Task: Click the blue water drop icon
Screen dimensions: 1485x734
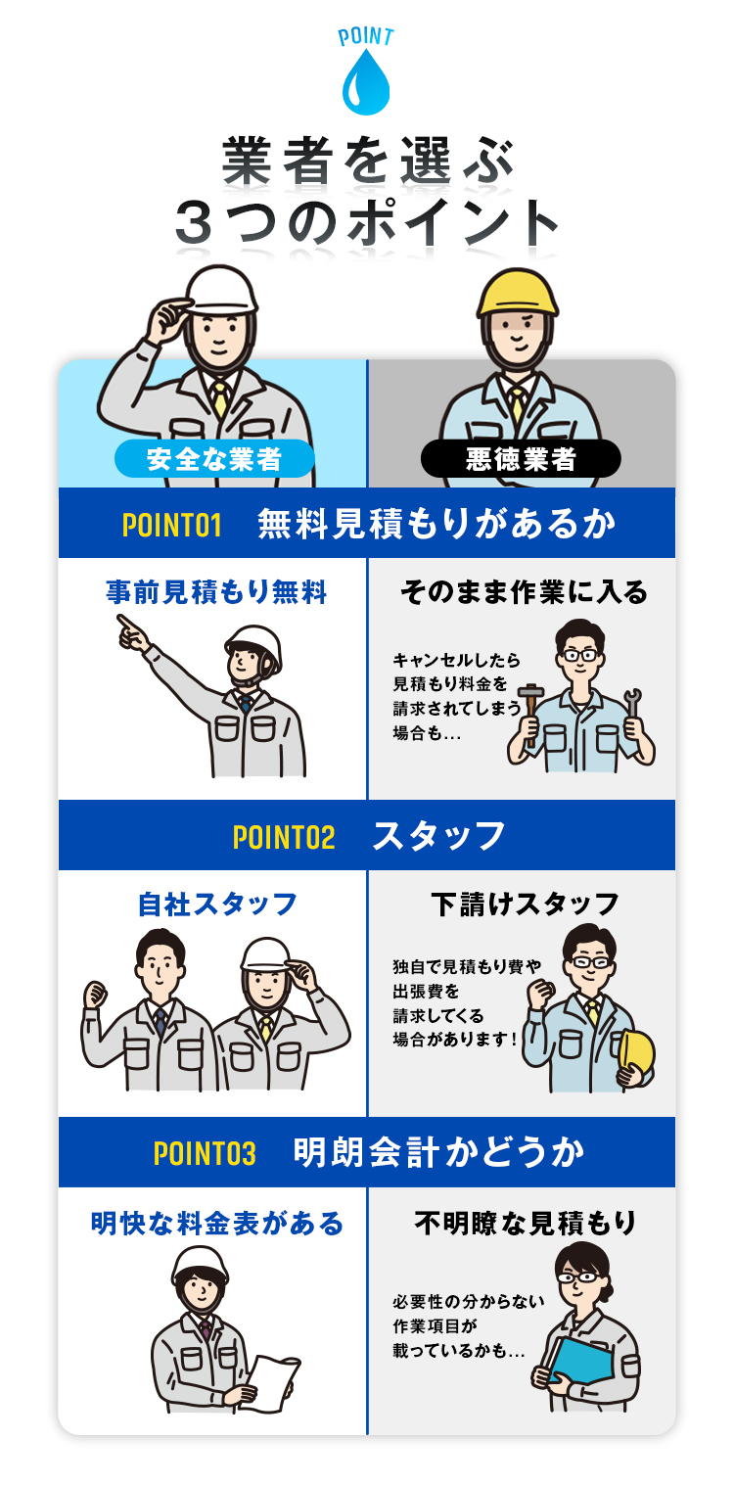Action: click(x=366, y=85)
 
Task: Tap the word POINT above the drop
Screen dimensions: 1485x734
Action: click(x=366, y=37)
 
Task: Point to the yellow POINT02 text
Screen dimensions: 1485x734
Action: click(x=284, y=838)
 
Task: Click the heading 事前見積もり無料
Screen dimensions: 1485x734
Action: click(x=216, y=592)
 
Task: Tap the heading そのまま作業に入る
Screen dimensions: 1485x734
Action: click(x=525, y=592)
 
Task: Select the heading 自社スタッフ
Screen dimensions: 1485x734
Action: click(x=217, y=904)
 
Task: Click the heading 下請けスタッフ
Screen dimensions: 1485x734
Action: click(x=525, y=904)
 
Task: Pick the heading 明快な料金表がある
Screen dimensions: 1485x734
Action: click(x=217, y=1223)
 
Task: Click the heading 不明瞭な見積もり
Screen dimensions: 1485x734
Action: click(x=526, y=1223)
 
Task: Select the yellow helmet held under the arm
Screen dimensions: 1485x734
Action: click(x=638, y=1057)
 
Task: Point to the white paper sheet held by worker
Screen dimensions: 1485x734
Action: click(x=271, y=1380)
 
